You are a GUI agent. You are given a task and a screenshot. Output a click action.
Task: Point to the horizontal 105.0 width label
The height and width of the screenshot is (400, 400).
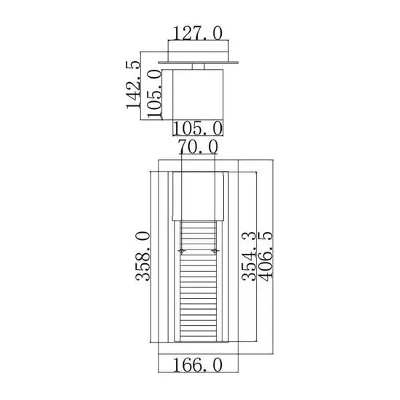pyautogui.click(x=197, y=129)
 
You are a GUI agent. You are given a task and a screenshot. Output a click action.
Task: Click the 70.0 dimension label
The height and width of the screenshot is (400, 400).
pyautogui.click(x=198, y=147)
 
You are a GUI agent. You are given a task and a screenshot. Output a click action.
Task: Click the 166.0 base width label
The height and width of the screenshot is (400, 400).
pyautogui.click(x=197, y=364)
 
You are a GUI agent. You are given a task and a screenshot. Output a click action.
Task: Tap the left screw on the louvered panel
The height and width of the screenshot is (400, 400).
pyautogui.click(x=183, y=251)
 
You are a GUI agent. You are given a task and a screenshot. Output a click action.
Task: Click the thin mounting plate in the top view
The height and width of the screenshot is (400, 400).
pyautogui.click(x=197, y=64)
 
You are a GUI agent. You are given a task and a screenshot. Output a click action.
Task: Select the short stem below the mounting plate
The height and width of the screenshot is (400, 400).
pyautogui.click(x=197, y=68)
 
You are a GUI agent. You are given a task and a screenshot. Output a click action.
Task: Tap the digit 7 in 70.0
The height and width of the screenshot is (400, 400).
pyautogui.click(x=185, y=147)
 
